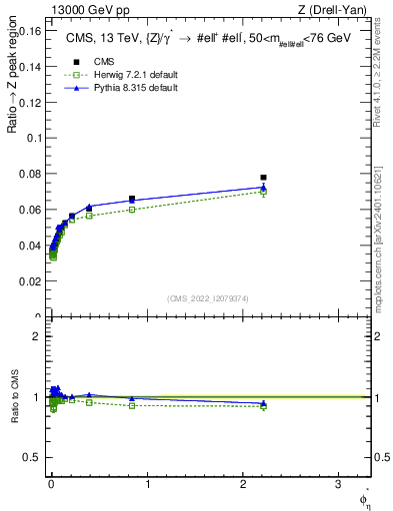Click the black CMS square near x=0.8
pos(132,199)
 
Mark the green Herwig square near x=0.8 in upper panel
pos(132,210)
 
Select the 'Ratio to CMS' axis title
pos(15,397)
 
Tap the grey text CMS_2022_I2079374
pos(208,297)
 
